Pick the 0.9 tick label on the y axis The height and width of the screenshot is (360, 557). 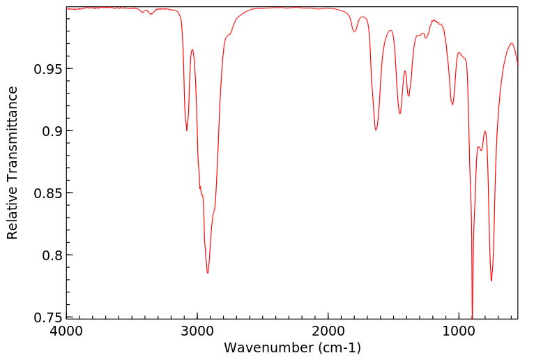pyautogui.click(x=51, y=131)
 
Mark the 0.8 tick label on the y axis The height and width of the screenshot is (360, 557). pyautogui.click(x=51, y=255)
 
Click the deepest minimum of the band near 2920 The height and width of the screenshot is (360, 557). pyautogui.click(x=208, y=273)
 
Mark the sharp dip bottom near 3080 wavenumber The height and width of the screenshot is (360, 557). pyautogui.click(x=187, y=130)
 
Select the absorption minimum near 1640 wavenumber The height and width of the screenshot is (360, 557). pyautogui.click(x=376, y=130)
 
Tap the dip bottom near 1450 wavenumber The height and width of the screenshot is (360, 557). pyautogui.click(x=400, y=114)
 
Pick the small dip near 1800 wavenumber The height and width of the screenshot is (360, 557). pyautogui.click(x=355, y=31)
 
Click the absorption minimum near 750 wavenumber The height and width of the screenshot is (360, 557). pyautogui.click(x=491, y=280)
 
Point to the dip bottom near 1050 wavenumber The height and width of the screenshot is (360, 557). pyautogui.click(x=452, y=105)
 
